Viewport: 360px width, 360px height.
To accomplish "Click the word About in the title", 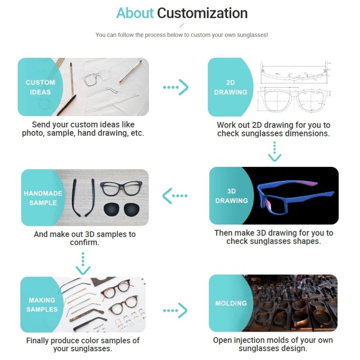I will (x=135, y=13).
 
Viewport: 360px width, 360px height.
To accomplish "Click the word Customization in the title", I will (x=202, y=13).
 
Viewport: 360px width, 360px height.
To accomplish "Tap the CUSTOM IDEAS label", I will (x=40, y=87).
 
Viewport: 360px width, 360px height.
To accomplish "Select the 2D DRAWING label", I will (x=230, y=87).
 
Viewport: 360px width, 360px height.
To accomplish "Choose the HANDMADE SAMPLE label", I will (x=43, y=198).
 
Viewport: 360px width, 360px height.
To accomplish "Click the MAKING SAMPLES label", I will (x=42, y=305).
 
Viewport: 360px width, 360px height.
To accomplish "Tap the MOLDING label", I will (x=231, y=303).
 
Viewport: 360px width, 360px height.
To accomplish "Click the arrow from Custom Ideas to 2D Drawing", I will (x=175, y=87).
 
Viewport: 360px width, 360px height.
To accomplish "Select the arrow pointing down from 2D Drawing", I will (x=274, y=152).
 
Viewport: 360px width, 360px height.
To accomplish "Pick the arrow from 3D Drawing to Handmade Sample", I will (x=175, y=196).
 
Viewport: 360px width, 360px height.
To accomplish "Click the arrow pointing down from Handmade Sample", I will (x=83, y=264).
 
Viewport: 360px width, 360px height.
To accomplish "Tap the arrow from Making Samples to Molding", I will (x=175, y=310).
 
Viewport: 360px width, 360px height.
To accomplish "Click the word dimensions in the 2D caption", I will (x=308, y=134).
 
